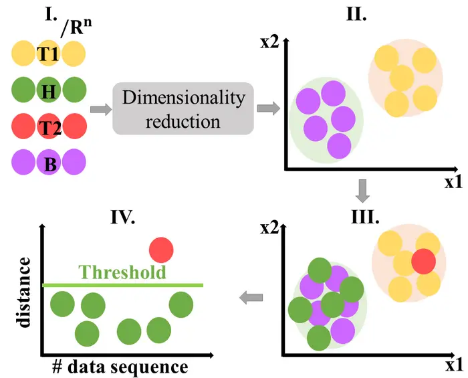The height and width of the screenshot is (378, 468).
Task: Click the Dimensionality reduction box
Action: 184,108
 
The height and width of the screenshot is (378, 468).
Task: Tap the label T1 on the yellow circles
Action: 48,55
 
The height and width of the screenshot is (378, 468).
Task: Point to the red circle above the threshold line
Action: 161,250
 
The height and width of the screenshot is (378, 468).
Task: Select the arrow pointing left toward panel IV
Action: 251,298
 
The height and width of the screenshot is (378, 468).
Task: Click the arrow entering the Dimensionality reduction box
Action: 100,108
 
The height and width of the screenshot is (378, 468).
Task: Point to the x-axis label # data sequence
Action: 121,367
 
